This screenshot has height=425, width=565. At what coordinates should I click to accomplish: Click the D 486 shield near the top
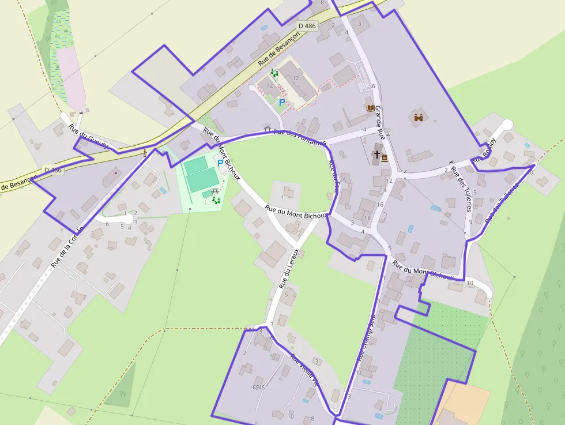[307, 26]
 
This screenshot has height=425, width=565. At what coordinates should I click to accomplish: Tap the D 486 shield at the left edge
[52, 170]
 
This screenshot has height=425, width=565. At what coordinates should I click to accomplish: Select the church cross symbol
[376, 155]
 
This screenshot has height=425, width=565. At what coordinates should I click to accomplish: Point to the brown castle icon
[419, 118]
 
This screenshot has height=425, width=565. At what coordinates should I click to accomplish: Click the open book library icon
[370, 108]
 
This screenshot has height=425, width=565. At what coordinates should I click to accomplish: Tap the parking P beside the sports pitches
[220, 163]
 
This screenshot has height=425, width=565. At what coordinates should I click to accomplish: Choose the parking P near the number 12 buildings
[282, 103]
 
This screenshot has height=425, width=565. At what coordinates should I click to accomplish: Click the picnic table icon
[215, 191]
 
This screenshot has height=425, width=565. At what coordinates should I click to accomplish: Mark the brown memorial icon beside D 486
[144, 153]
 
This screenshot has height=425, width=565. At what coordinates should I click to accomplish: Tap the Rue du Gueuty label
[88, 137]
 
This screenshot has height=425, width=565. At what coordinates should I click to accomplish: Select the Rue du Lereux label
[289, 268]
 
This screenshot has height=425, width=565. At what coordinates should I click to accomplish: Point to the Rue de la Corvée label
[67, 247]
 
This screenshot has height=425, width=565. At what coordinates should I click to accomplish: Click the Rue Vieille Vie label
[304, 370]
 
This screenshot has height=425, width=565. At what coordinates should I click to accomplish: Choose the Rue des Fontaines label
[299, 137]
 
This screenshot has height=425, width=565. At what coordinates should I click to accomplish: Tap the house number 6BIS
[258, 388]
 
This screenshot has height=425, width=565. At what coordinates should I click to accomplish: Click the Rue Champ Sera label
[367, 339]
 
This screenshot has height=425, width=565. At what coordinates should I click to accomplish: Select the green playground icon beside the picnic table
[217, 200]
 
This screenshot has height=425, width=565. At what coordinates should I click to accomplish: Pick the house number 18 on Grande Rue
[367, 217]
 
